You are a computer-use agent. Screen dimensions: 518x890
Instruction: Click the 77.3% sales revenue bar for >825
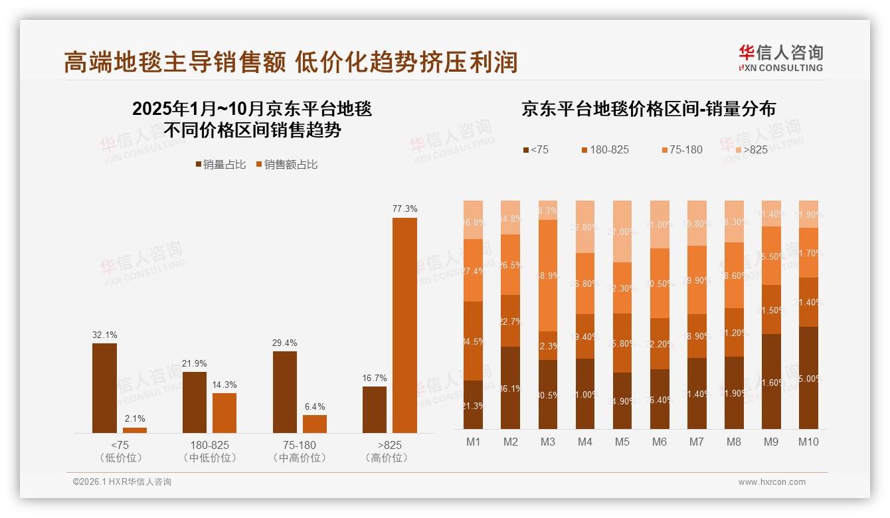pyautogui.click(x=404, y=325)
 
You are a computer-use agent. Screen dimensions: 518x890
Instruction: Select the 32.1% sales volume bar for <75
pyautogui.click(x=104, y=388)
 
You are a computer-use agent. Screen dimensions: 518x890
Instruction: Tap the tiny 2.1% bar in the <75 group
pyautogui.click(x=135, y=430)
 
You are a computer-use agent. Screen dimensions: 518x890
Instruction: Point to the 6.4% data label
pyautogui.click(x=314, y=406)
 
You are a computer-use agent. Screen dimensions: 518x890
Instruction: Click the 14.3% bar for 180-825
pyautogui.click(x=224, y=413)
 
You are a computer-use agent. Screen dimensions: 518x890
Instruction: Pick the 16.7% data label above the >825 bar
pyautogui.click(x=375, y=378)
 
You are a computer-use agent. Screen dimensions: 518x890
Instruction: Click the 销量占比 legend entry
pyautogui.click(x=220, y=165)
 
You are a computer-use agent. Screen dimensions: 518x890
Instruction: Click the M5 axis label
pyautogui.click(x=622, y=442)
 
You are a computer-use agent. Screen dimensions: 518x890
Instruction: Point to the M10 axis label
pyautogui.click(x=808, y=442)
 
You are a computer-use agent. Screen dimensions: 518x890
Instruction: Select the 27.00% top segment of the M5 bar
pyautogui.click(x=622, y=231)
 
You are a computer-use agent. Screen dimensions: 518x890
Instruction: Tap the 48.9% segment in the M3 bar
pyautogui.click(x=547, y=275)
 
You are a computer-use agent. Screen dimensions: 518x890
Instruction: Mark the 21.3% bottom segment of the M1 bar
pyautogui.click(x=473, y=404)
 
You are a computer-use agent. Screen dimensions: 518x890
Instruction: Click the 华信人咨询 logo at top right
pyautogui.click(x=780, y=58)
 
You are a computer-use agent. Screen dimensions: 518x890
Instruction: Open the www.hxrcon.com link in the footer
pyautogui.click(x=771, y=482)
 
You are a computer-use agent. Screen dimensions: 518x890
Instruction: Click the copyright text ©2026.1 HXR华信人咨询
pyautogui.click(x=122, y=482)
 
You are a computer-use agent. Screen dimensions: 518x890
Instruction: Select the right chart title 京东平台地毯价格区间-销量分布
pyautogui.click(x=648, y=109)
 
